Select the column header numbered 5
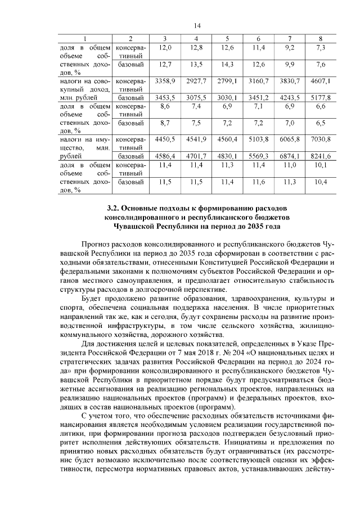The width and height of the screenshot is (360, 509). [x=227, y=38]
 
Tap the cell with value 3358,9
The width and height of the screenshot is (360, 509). [x=165, y=82]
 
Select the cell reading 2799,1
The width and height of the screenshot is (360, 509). [x=227, y=82]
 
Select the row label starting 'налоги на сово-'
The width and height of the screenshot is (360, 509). [x=84, y=82]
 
